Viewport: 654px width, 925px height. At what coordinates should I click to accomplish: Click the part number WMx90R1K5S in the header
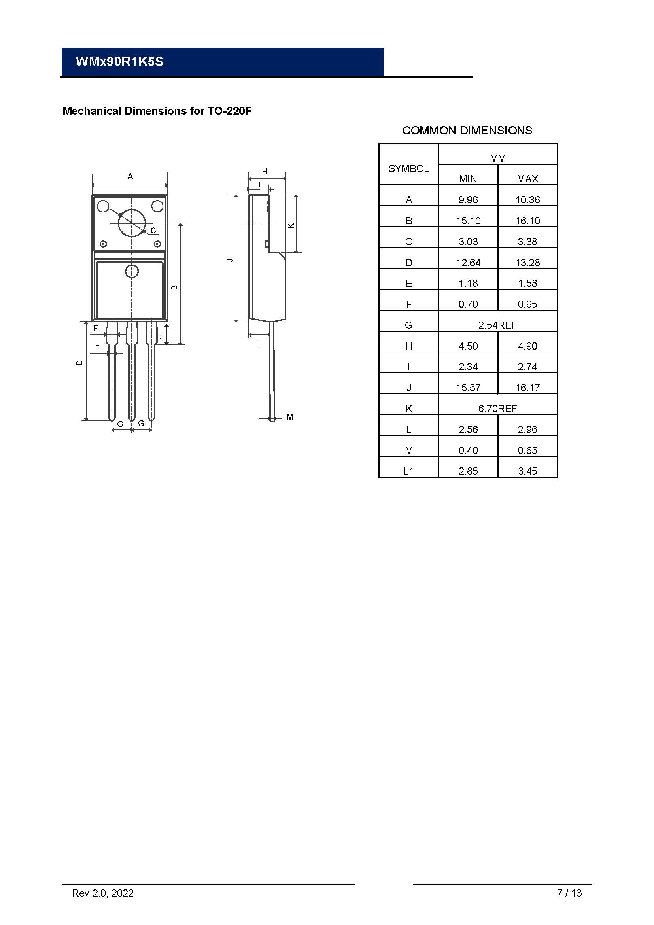[119, 62]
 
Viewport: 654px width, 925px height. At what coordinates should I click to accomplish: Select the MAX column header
[527, 178]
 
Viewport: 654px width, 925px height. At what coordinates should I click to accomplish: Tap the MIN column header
[467, 178]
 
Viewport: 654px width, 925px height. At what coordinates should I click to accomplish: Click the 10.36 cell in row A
[527, 199]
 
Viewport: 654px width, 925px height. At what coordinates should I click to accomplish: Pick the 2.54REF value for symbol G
[497, 325]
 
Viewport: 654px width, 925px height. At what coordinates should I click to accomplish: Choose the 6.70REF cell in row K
[497, 409]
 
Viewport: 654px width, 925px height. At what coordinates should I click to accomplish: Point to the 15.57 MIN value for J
[468, 388]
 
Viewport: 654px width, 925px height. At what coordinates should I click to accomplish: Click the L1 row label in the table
[408, 471]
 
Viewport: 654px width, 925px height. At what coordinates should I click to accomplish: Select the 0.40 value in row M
[468, 450]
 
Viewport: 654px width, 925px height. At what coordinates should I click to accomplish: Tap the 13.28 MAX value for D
[527, 263]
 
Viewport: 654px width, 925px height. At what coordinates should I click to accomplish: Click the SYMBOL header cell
[408, 168]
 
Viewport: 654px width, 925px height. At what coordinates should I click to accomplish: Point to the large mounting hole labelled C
[132, 223]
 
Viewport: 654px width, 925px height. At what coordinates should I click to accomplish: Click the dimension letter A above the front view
[130, 176]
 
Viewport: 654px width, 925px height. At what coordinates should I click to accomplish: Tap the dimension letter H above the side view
[265, 172]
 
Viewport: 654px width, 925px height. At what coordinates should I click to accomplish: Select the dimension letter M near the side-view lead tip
[290, 417]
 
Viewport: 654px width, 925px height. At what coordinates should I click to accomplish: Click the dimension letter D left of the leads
[79, 363]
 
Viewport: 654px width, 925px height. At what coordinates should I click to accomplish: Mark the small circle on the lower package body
[132, 272]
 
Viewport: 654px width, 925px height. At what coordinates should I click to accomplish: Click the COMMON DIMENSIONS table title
[467, 131]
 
